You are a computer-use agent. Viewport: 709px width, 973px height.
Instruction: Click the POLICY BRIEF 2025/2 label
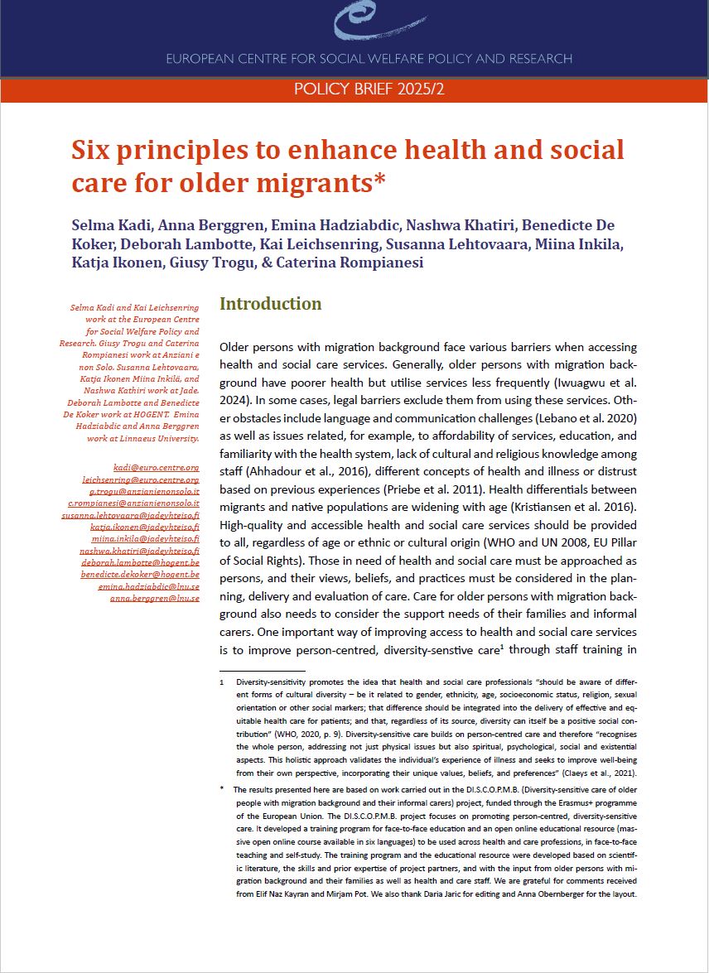369,89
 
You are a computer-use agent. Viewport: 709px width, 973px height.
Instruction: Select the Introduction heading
270,304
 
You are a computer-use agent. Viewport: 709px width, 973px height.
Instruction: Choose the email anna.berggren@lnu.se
155,598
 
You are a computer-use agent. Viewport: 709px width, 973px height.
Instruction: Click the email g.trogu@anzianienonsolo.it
153,491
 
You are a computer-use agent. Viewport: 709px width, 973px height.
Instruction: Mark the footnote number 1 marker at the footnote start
222,682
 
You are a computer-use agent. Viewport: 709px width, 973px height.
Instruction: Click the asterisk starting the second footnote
222,789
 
